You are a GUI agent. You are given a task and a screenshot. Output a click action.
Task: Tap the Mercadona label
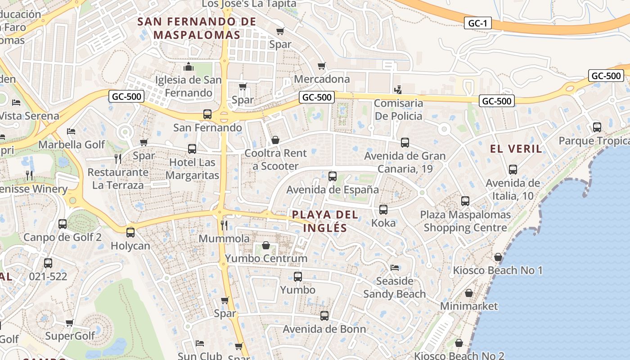(321, 79)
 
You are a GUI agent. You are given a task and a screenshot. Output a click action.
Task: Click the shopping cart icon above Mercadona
(321, 66)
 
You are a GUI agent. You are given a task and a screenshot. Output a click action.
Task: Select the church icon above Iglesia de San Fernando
(189, 67)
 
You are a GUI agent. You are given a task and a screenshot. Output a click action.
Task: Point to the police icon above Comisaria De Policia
(398, 90)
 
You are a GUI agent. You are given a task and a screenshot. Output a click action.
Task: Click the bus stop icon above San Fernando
(207, 114)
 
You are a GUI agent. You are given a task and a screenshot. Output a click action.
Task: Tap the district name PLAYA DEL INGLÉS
(325, 221)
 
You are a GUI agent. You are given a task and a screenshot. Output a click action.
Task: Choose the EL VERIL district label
(516, 149)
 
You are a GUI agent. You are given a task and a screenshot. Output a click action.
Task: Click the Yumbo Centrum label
(266, 258)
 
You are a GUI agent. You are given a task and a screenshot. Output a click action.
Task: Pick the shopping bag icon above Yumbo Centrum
(266, 245)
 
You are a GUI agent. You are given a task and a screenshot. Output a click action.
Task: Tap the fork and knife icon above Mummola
(224, 225)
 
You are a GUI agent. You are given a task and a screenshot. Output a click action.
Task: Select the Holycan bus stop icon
(130, 233)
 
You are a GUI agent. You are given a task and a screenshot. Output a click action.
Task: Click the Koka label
(383, 223)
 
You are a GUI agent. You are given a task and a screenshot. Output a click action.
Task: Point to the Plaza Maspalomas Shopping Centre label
(465, 221)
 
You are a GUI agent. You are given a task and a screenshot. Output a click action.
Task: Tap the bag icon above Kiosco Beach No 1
(498, 257)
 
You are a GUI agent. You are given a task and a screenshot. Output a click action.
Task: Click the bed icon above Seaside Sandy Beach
(395, 268)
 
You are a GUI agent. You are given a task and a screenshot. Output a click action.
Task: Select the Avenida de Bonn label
(324, 329)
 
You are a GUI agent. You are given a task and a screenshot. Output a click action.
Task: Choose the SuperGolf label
(70, 336)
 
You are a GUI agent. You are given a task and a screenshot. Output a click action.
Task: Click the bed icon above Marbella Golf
(71, 131)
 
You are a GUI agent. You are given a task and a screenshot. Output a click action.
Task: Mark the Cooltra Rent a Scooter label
(275, 159)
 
